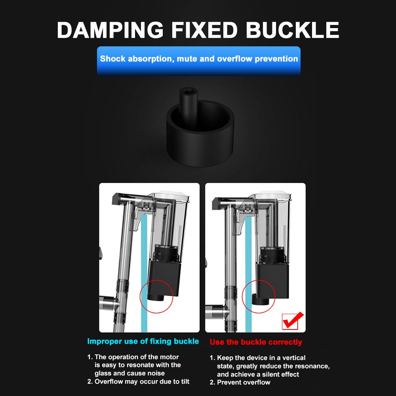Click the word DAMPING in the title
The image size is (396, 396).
click(x=110, y=30)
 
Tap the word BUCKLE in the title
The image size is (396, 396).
click(x=293, y=30)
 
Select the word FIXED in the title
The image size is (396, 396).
click(x=205, y=30)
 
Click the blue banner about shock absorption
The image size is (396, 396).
click(x=199, y=61)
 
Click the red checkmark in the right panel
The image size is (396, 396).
click(x=293, y=321)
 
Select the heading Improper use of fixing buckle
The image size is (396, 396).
click(x=143, y=341)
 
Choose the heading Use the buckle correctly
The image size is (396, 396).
click(x=256, y=342)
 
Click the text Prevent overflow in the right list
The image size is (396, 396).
click(x=244, y=383)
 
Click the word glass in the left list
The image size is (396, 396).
click(x=103, y=373)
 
